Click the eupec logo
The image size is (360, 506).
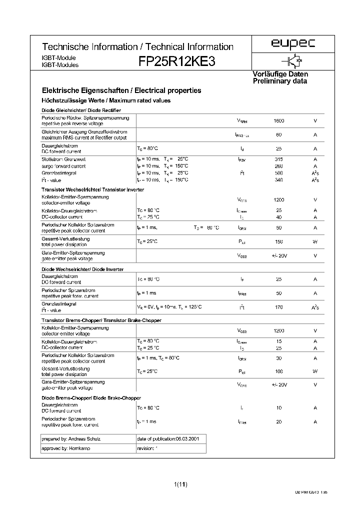[x=293, y=45]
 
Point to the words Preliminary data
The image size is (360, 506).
[x=280, y=81]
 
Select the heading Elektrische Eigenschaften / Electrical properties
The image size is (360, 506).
[x=121, y=90]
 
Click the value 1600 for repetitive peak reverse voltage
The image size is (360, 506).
[x=279, y=121]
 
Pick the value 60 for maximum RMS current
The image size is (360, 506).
[x=279, y=135]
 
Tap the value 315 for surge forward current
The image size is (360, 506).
[x=279, y=158]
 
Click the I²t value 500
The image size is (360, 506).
[x=279, y=172]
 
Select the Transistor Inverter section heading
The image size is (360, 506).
[x=93, y=189]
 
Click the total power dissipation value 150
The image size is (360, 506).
[x=279, y=241]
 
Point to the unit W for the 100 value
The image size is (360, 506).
[x=315, y=371]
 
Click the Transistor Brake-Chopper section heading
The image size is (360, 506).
[x=101, y=320]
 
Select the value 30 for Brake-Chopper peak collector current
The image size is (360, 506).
[x=279, y=358]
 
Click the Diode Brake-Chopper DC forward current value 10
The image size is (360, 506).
[x=279, y=408]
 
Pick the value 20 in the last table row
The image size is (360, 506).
[x=279, y=422]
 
